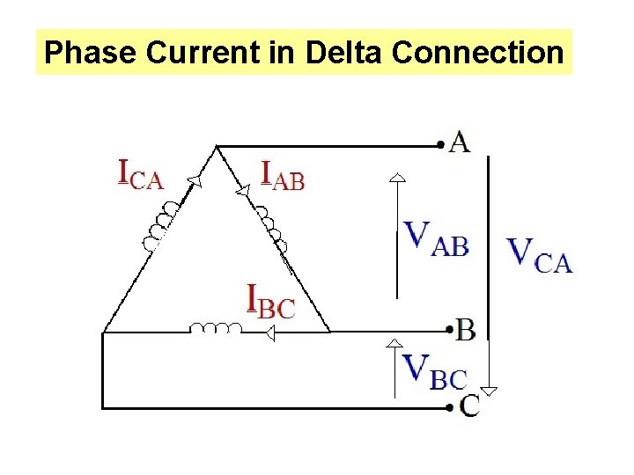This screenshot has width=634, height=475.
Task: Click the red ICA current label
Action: click(x=141, y=173)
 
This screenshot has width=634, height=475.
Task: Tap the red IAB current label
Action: click(x=283, y=175)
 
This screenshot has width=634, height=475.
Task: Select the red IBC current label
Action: click(x=270, y=302)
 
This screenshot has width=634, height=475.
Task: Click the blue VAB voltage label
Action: click(x=435, y=237)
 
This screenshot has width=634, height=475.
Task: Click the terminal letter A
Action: click(x=459, y=141)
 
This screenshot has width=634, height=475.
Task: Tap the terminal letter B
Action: click(x=466, y=330)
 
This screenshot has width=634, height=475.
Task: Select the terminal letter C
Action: click(x=470, y=406)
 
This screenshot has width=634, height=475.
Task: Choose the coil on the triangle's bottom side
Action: click(x=216, y=328)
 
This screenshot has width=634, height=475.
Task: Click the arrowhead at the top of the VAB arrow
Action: click(x=398, y=178)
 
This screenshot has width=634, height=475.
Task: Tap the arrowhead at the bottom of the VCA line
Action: click(x=488, y=391)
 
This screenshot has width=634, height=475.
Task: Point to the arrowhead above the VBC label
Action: click(x=398, y=341)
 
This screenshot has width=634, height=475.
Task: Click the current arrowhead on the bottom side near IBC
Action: click(x=269, y=332)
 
